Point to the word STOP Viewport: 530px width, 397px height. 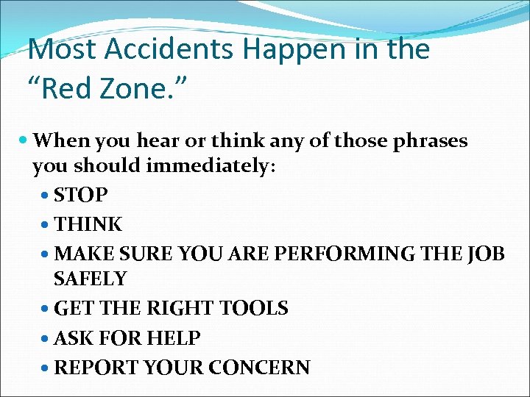tap(81, 196)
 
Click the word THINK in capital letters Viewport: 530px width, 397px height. tap(88, 223)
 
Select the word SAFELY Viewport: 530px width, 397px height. tap(90, 279)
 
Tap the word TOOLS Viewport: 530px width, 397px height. tap(254, 309)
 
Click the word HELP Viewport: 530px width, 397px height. tap(174, 338)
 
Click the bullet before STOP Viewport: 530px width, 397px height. tap(47, 196)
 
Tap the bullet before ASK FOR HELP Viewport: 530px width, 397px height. tap(47, 338)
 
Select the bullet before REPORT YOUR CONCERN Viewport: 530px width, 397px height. tap(47, 368)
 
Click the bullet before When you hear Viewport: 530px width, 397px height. tap(25, 140)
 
